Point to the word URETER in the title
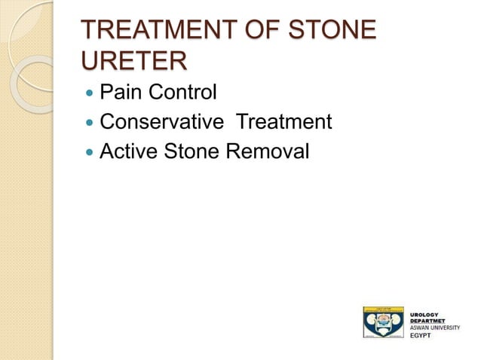point(133,61)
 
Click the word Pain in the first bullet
point(119,93)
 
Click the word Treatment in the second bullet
point(285,123)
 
